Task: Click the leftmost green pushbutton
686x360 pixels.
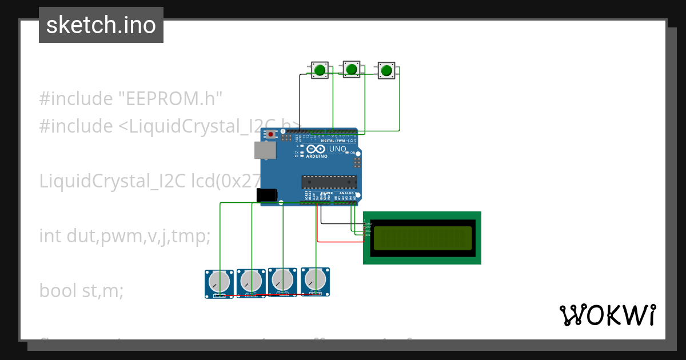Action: tap(320, 70)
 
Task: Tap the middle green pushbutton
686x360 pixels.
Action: tap(352, 70)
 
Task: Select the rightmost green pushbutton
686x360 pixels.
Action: tap(386, 71)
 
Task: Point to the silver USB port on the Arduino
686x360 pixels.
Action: tap(265, 150)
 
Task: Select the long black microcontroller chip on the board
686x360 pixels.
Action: tap(329, 182)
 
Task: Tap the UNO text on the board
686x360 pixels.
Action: tap(337, 149)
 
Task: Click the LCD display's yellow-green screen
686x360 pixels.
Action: tap(422, 238)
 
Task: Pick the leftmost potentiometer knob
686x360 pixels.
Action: tap(219, 282)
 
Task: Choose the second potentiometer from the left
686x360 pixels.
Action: tap(251, 281)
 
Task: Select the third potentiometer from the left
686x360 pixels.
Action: tap(282, 280)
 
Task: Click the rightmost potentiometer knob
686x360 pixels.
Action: tap(315, 279)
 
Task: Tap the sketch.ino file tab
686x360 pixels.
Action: tap(101, 25)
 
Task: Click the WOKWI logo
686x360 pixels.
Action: tap(607, 315)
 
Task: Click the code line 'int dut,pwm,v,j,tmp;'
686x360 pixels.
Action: tap(125, 235)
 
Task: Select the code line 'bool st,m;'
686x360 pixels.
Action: tap(81, 291)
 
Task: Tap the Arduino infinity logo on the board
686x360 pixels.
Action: tap(317, 149)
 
